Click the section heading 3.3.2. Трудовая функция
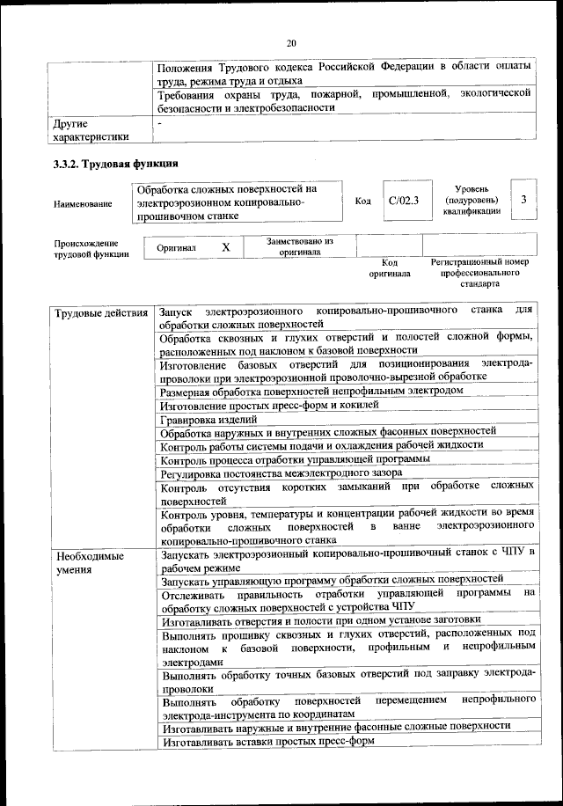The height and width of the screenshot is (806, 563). click(116, 164)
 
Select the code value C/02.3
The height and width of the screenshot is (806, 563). click(404, 201)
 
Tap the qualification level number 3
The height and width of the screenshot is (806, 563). click(523, 200)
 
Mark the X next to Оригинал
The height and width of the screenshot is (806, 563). click(226, 248)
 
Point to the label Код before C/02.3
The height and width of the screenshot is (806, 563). click(362, 201)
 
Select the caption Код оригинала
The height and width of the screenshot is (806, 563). click(390, 267)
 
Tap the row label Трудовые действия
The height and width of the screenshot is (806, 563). click(101, 313)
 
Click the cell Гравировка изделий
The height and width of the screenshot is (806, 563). click(202, 419)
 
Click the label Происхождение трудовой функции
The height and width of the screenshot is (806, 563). click(86, 249)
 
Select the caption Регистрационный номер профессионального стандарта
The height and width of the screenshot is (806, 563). click(479, 273)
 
